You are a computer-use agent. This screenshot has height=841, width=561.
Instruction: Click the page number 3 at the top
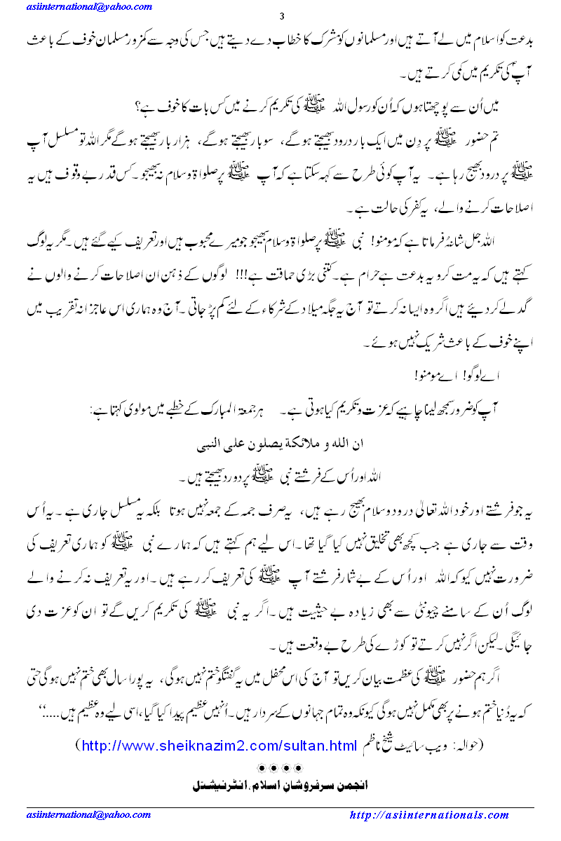click(x=280, y=17)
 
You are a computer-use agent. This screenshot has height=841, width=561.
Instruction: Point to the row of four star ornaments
click(x=280, y=766)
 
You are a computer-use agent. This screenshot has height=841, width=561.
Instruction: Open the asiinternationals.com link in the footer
click(x=428, y=815)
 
